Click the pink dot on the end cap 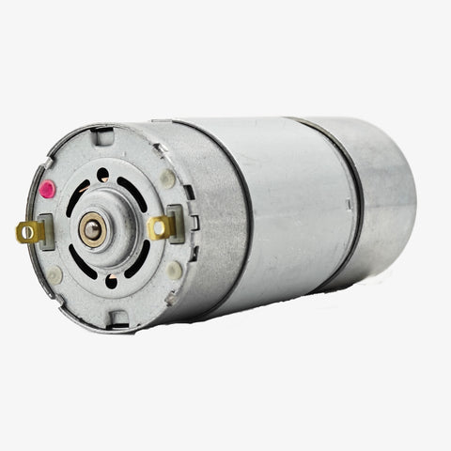point(48,188)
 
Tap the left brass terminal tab point(29,231)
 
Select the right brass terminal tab point(162,226)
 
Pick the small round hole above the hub point(102,175)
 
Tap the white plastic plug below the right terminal point(175,271)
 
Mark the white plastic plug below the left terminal point(54,274)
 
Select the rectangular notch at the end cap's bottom point(119,319)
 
